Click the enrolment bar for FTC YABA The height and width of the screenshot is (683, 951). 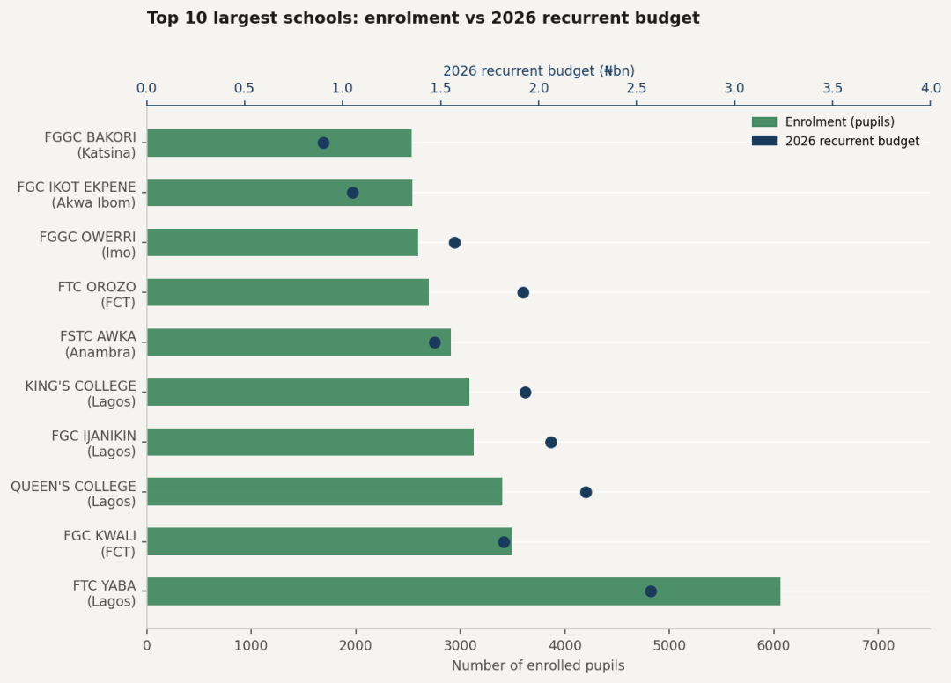[x=463, y=591]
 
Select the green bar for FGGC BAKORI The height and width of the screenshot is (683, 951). [x=279, y=143]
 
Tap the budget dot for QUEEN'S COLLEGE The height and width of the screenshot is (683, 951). [x=586, y=492]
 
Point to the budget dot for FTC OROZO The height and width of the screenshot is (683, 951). [x=523, y=292]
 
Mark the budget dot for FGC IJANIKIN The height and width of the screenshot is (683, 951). [x=550, y=442]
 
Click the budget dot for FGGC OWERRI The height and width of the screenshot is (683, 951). [x=454, y=243]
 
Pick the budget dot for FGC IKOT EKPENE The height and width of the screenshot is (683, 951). [x=352, y=193]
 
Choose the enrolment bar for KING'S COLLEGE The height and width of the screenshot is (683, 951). [x=308, y=392]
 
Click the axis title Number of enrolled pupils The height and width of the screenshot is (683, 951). [x=538, y=665]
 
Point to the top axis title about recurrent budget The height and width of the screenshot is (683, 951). [x=538, y=70]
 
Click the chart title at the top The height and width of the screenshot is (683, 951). [x=423, y=18]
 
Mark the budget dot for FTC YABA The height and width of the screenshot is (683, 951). [x=651, y=591]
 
